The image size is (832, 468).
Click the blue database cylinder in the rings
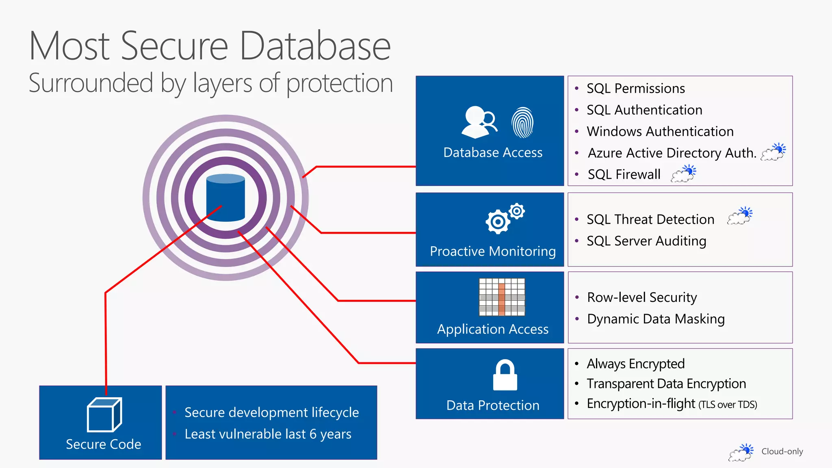pyautogui.click(x=225, y=197)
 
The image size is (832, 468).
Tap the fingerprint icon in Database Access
pyautogui.click(x=522, y=123)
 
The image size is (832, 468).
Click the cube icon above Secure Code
pyautogui.click(x=104, y=415)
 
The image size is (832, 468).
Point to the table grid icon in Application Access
pyautogui.click(x=502, y=297)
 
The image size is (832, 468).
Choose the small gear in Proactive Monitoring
pyautogui.click(x=517, y=211)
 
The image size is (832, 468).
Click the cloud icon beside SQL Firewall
pyautogui.click(x=683, y=173)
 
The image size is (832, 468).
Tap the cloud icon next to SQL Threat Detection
pyautogui.click(x=740, y=216)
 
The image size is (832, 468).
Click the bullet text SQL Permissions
pyautogui.click(x=636, y=89)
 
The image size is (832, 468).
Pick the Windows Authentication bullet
pyautogui.click(x=660, y=132)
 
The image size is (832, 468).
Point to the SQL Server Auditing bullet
pyautogui.click(x=646, y=241)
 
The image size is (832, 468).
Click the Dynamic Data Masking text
pyautogui.click(x=656, y=319)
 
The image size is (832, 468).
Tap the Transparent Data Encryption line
pyautogui.click(x=666, y=384)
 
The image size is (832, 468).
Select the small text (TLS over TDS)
pyautogui.click(x=728, y=405)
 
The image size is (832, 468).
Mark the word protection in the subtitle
pyautogui.click(x=339, y=83)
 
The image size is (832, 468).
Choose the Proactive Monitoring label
pyautogui.click(x=493, y=251)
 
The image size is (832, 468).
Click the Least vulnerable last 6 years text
pyautogui.click(x=268, y=434)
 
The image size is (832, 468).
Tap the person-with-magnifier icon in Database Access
pyautogui.click(x=479, y=122)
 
